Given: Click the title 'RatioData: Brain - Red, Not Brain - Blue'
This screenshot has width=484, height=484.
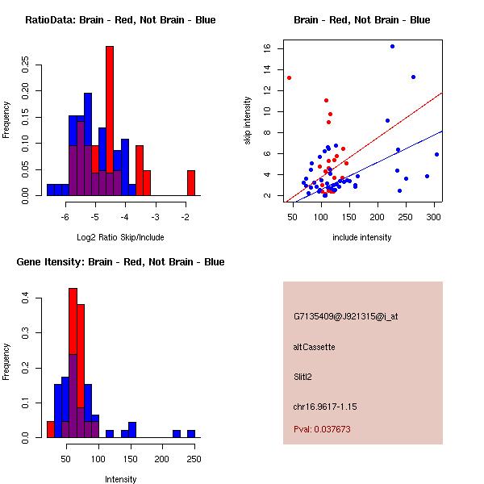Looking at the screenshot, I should [120, 20].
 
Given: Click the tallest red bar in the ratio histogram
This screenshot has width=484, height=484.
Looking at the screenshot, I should [110, 121].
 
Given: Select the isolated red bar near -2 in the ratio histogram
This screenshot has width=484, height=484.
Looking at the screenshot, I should [191, 182].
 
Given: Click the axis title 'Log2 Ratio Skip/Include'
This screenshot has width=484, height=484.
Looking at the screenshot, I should [120, 237].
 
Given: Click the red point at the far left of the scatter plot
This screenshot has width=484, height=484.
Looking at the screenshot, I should [289, 77].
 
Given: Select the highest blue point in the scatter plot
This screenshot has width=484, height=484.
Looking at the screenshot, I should [392, 47].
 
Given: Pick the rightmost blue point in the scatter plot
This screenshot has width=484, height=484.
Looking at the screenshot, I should [436, 154].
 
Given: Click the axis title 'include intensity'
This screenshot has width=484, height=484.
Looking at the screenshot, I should [362, 237].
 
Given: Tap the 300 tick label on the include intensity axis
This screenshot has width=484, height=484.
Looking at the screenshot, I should [434, 217].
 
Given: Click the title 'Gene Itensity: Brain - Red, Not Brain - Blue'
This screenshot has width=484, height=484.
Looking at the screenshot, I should [120, 262].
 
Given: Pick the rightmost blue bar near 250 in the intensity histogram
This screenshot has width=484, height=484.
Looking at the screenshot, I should [191, 433].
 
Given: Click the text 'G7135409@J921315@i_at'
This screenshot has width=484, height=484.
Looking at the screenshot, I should [346, 316].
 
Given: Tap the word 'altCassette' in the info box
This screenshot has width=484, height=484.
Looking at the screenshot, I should [315, 347].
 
